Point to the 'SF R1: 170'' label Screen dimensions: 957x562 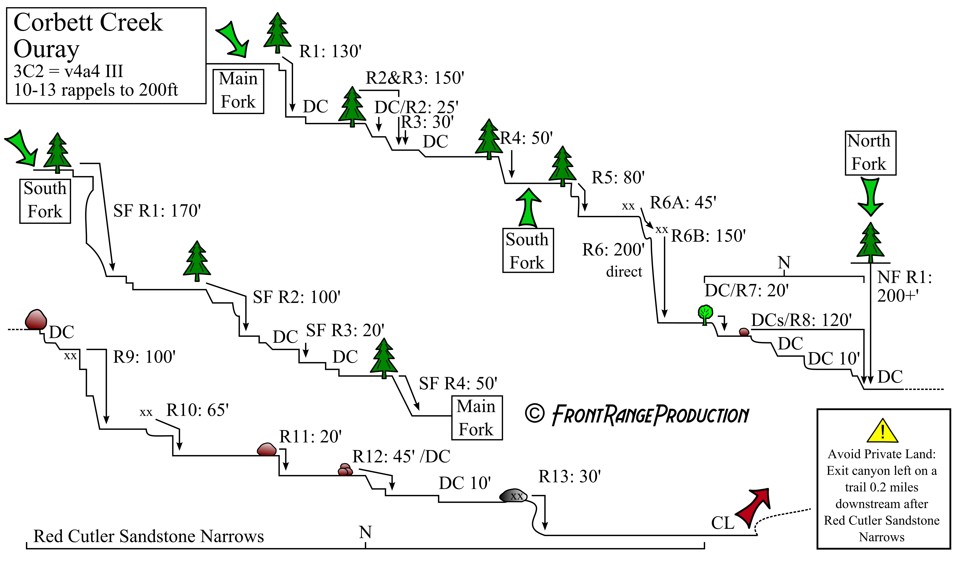pos(157,211)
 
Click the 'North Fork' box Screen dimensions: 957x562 pos(870,153)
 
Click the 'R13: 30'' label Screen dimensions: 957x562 pos(570,477)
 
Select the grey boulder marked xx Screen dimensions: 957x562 pos(513,496)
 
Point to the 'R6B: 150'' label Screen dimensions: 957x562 pos(709,236)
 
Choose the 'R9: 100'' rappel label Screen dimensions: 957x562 pos(144,357)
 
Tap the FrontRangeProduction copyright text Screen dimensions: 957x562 pos(637,415)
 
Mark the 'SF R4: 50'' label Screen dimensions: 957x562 pos(458,383)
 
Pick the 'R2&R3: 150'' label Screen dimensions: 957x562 pos(415,78)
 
